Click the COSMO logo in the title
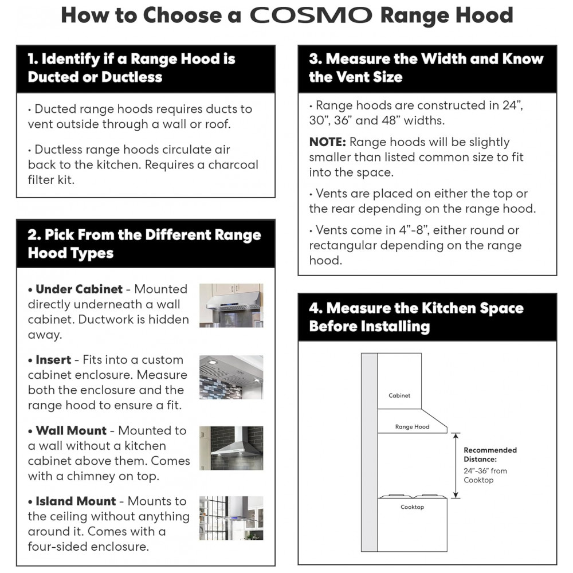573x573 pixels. point(311,15)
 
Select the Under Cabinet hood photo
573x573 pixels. point(231,305)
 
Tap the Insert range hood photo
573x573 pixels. point(231,377)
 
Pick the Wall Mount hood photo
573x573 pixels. point(231,448)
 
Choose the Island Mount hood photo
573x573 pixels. point(231,519)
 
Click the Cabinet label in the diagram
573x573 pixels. point(399,395)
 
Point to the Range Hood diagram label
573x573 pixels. point(412,427)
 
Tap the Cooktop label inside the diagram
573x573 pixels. point(412,507)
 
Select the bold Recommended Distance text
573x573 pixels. point(490,454)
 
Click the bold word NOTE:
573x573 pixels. point(327,142)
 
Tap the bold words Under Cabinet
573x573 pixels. point(79,289)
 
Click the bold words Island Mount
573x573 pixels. point(76,501)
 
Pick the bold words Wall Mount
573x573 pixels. point(71,430)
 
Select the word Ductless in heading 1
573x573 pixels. point(131,77)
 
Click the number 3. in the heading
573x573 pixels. point(315,58)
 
